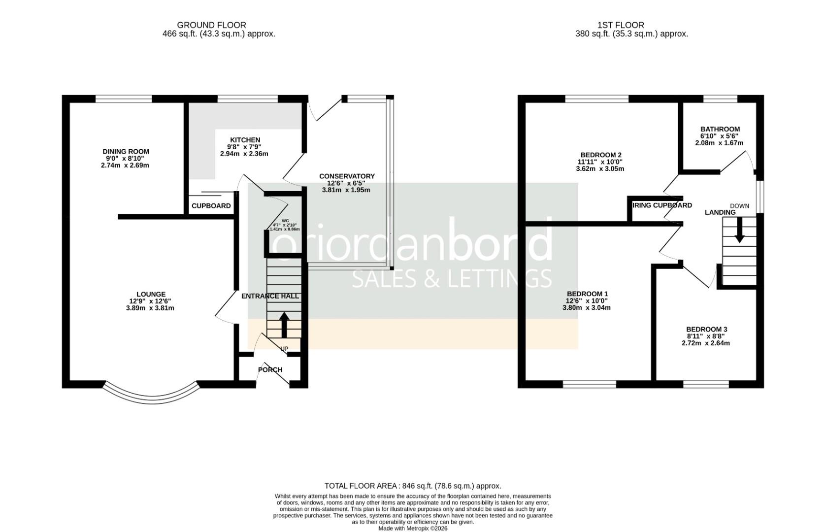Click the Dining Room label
pyautogui.click(x=126, y=152)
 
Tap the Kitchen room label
pyautogui.click(x=245, y=140)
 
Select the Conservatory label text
pyautogui.click(x=347, y=176)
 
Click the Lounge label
pyautogui.click(x=151, y=295)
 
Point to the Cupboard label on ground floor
pyautogui.click(x=211, y=206)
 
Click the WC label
pyautogui.click(x=285, y=221)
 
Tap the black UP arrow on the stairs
pyautogui.click(x=284, y=324)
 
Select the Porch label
pyautogui.click(x=270, y=369)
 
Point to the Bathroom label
pyautogui.click(x=720, y=129)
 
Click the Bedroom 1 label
pyautogui.click(x=587, y=294)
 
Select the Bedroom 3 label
pyautogui.click(x=706, y=329)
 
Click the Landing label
pyautogui.click(x=720, y=212)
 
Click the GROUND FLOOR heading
pyautogui.click(x=211, y=25)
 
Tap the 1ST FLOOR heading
pyautogui.click(x=620, y=25)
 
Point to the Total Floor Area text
pyautogui.click(x=412, y=486)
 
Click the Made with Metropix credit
pyautogui.click(x=412, y=529)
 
